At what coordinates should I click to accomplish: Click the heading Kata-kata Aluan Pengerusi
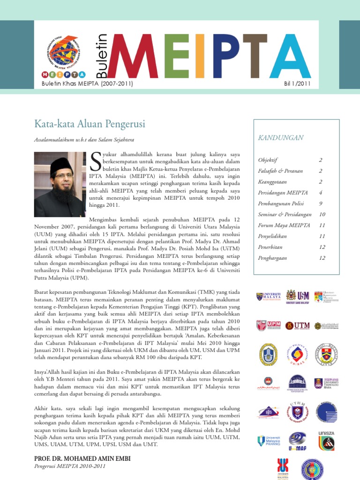point(90,124)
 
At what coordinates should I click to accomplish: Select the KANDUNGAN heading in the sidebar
point(281,138)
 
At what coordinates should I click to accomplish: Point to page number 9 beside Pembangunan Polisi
point(321,203)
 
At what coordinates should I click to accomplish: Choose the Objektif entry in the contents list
point(268,160)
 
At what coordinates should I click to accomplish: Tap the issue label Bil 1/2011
point(297,84)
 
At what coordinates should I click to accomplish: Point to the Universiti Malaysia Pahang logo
point(267,441)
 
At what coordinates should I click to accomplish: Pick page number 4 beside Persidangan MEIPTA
point(321,193)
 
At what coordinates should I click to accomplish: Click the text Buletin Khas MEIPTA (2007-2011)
point(88,84)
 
